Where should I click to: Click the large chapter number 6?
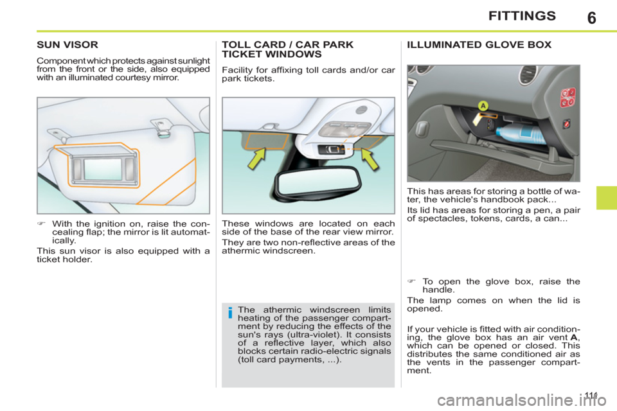[591, 17]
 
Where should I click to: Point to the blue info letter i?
[229, 314]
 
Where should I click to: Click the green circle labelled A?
[483, 105]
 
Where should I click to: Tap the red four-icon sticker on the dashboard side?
[568, 98]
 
